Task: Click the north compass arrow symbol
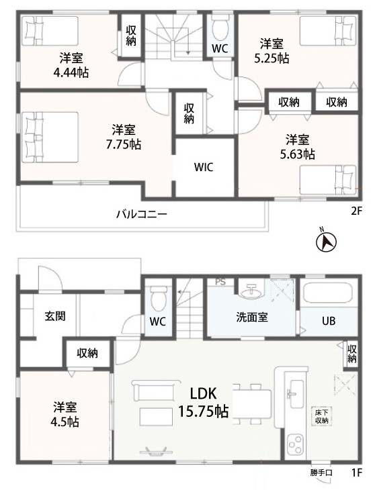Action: pyautogui.click(x=326, y=242)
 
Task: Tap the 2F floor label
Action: pyautogui.click(x=356, y=211)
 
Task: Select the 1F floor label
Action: pyautogui.click(x=356, y=473)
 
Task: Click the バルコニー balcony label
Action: pyautogui.click(x=142, y=214)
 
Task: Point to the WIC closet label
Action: pyautogui.click(x=204, y=167)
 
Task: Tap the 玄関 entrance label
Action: pyautogui.click(x=55, y=316)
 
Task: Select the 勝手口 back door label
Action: pyautogui.click(x=321, y=473)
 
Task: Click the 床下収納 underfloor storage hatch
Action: pyautogui.click(x=322, y=415)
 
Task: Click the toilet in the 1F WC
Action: pyautogui.click(x=158, y=299)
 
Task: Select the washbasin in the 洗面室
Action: pyautogui.click(x=251, y=291)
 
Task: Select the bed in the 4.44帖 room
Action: pyautogui.click(x=50, y=31)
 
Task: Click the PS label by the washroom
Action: pyautogui.click(x=220, y=282)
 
